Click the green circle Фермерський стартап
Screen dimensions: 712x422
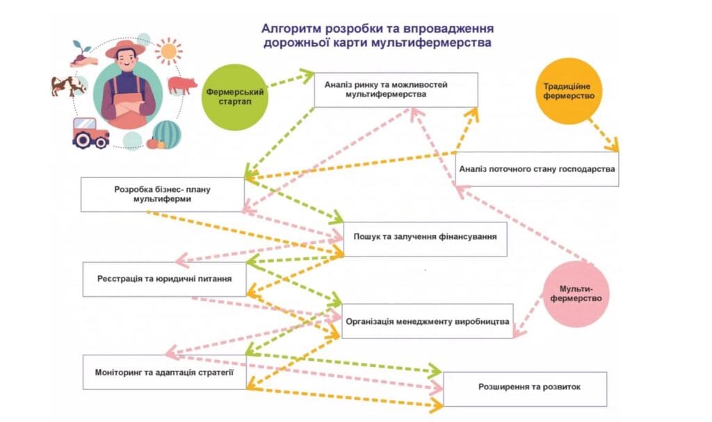pyautogui.click(x=235, y=97)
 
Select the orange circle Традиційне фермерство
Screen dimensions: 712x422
pyautogui.click(x=569, y=91)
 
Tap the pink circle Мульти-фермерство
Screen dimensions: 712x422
pyautogui.click(x=575, y=294)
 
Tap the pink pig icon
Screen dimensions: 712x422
pyautogui.click(x=182, y=85)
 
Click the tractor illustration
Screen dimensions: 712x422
pyautogui.click(x=91, y=133)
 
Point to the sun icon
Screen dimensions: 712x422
pyautogui.click(x=168, y=51)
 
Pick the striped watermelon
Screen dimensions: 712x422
pyautogui.click(x=167, y=134)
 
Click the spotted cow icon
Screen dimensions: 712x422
pyautogui.click(x=68, y=86)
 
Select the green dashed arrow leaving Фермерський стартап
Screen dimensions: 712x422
pyautogui.click(x=291, y=79)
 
